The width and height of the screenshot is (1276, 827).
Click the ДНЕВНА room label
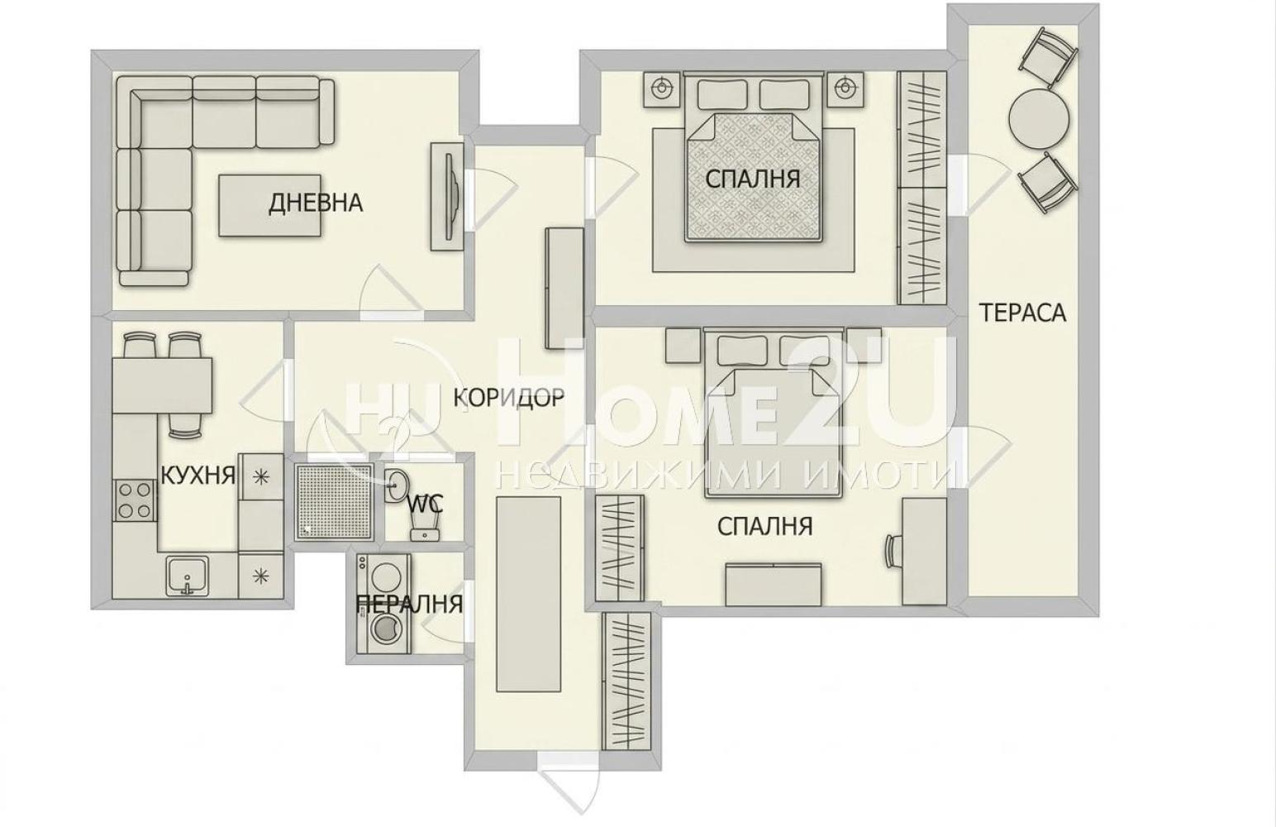pos(316,203)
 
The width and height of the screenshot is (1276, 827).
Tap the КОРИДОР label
pos(509,397)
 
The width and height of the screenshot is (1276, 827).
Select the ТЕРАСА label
pos(1022,313)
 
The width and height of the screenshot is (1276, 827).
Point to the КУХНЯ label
pos(198,474)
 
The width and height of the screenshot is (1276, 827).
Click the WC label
pos(425,504)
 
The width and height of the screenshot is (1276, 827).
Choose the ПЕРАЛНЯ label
pos(409,605)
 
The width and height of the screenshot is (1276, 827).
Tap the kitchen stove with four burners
pos(135,500)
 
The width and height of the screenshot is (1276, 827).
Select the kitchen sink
pos(188,575)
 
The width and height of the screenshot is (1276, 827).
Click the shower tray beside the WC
pos(335,501)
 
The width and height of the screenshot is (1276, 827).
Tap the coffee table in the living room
pos(269,204)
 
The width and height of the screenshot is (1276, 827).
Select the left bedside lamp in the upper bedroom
pos(662,88)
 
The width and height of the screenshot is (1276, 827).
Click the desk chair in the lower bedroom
pos(893,551)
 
